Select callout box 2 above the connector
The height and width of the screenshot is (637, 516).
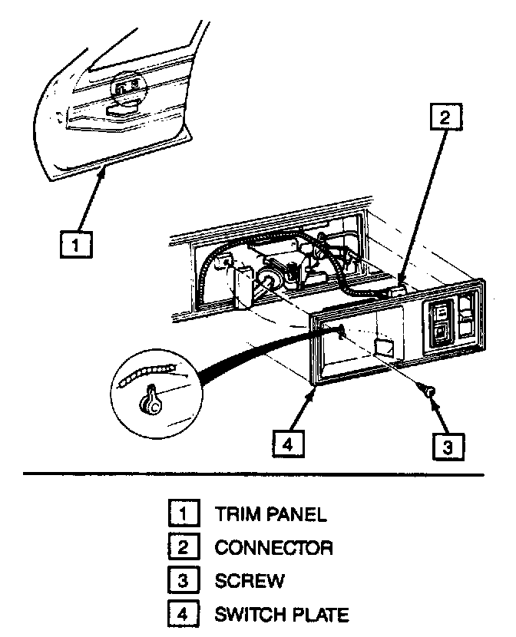tap(445, 117)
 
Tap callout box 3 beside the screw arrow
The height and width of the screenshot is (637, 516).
tap(448, 444)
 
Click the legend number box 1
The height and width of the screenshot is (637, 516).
tap(182, 512)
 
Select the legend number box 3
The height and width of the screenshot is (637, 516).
tap(182, 580)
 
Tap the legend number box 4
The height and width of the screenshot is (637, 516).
tap(182, 614)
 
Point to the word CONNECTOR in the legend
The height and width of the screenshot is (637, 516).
tap(273, 547)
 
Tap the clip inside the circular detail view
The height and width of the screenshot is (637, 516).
tap(151, 400)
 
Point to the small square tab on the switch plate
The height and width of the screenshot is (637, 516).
tap(382, 347)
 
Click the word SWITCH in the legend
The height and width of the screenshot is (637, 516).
tap(250, 615)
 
